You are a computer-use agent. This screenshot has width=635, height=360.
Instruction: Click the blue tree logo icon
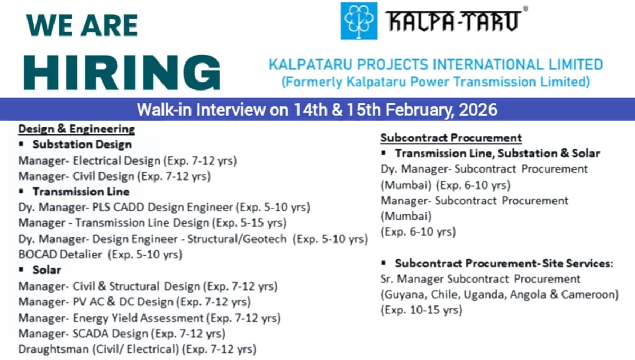pos(359,21)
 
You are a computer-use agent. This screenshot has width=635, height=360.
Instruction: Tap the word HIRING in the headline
pos(122,71)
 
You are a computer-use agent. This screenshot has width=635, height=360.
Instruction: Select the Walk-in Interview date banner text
pos(317,110)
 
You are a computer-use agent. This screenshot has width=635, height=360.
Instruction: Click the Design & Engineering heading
pos(77,129)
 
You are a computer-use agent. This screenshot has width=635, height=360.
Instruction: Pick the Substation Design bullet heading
pos(81,144)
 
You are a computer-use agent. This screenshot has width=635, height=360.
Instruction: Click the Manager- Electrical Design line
pos(127,160)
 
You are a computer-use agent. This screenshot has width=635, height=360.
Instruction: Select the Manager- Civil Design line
pos(114,176)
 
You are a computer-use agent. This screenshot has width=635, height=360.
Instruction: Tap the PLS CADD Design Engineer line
pos(164,207)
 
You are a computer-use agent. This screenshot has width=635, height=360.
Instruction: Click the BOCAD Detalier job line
pos(100,254)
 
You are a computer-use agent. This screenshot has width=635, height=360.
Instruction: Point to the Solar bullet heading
pos(47,270)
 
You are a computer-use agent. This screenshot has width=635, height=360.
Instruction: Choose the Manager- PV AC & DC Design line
pos(134,302)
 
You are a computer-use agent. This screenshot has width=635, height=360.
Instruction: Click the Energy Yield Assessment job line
pos(149,318)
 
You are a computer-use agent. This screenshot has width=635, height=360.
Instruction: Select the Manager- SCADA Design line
pos(122,334)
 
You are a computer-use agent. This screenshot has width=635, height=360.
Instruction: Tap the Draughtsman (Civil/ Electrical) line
pos(137,349)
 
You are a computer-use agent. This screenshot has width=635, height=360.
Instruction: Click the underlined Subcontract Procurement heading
pos(451,138)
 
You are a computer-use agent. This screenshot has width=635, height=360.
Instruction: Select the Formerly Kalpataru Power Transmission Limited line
pos(436,82)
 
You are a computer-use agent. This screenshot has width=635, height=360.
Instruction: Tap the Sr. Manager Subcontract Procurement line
pos(480,278)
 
